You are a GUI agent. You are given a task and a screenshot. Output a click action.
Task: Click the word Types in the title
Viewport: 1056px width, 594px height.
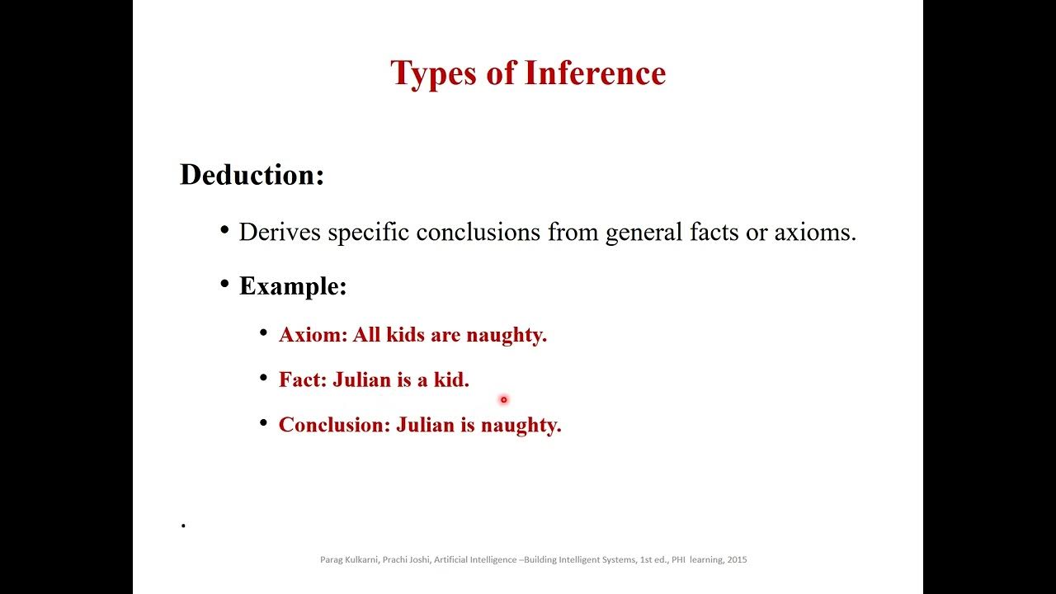click(x=433, y=73)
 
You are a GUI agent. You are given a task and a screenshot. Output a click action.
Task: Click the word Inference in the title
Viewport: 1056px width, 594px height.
click(x=595, y=73)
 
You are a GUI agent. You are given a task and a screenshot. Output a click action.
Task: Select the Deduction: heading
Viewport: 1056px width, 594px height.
click(x=252, y=175)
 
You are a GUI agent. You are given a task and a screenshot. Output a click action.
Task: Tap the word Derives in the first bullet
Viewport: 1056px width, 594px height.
click(x=280, y=232)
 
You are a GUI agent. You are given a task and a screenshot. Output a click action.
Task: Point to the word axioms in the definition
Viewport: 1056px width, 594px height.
click(x=814, y=232)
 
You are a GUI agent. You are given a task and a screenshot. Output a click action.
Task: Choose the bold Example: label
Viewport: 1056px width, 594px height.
click(x=293, y=286)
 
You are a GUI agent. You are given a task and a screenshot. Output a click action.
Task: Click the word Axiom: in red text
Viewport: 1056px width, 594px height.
click(x=313, y=335)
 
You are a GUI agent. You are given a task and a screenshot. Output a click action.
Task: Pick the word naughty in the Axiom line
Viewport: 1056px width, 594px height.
click(x=506, y=335)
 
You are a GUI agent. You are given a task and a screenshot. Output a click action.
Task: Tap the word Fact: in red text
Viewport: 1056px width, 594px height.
click(x=303, y=379)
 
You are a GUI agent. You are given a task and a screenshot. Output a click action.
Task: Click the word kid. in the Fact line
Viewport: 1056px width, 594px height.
click(x=451, y=379)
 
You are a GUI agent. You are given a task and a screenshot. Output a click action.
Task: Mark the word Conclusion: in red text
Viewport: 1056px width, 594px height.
click(x=334, y=425)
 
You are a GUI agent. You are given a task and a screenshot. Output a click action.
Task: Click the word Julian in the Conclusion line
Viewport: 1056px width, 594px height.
click(x=426, y=425)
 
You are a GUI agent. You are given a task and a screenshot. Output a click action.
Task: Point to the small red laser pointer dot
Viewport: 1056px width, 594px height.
click(x=503, y=400)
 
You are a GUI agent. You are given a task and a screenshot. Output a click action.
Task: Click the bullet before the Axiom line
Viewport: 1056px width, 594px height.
click(x=263, y=333)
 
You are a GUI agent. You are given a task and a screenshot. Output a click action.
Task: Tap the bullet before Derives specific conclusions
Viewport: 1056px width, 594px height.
click(x=224, y=230)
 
